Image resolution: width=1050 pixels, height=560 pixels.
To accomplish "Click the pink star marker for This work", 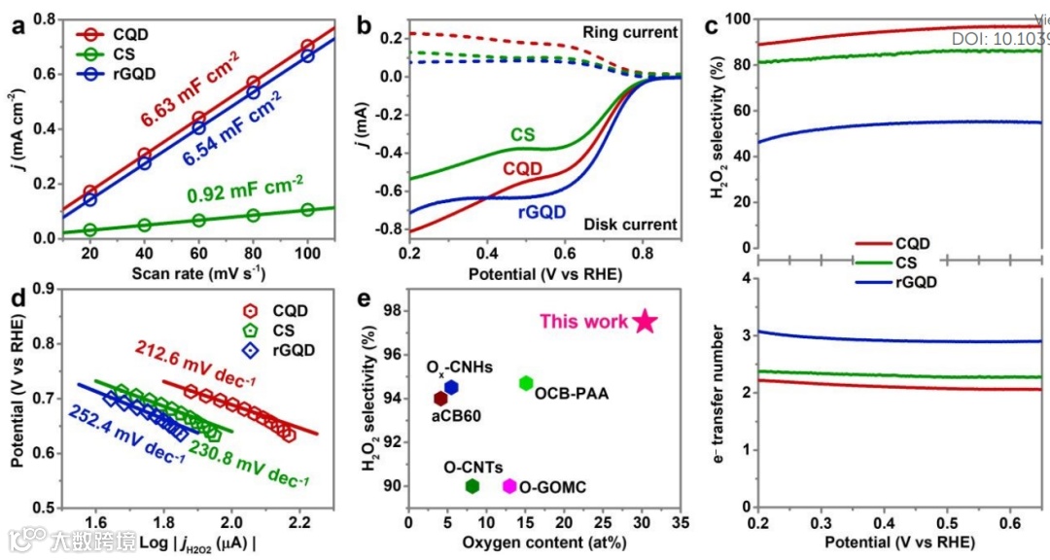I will [646, 322].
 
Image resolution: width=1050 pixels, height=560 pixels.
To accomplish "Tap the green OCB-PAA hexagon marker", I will [526, 383].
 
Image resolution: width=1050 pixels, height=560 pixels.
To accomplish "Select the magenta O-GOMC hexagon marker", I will [508, 486].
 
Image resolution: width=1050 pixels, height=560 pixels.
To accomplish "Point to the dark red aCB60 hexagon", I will [440, 399].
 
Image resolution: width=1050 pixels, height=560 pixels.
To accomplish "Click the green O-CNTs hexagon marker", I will [472, 486].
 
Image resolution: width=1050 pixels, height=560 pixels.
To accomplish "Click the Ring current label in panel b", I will [629, 32].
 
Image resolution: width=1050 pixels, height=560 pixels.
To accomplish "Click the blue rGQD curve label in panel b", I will [536, 215].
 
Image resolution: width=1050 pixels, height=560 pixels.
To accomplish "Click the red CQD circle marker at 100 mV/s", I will [308, 46].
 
